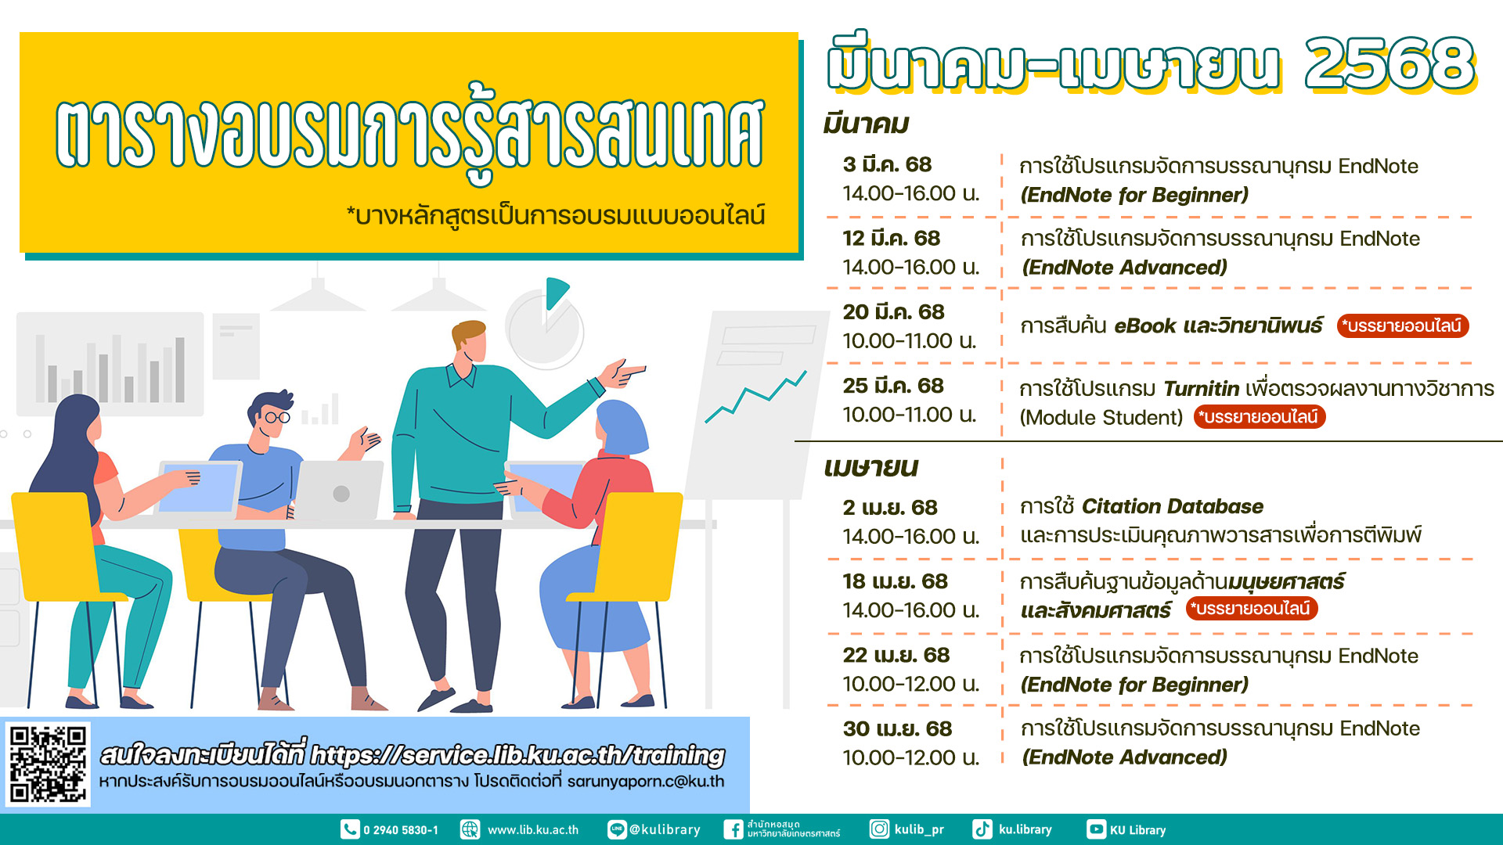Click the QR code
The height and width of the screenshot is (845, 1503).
point(48,764)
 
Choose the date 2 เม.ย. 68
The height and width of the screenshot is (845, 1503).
point(890,508)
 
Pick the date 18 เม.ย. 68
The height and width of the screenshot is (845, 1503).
point(895,581)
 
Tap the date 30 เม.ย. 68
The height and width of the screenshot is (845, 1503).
point(897,728)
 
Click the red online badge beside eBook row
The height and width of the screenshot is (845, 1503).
point(1402,326)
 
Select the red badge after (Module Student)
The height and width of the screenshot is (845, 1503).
point(1259,417)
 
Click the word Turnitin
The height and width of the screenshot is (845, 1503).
point(1201,389)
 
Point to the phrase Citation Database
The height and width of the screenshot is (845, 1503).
point(1173,506)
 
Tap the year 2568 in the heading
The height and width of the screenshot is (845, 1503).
point(1389,63)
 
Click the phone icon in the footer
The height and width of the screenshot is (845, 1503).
point(350,829)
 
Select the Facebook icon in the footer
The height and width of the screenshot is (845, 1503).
point(733,829)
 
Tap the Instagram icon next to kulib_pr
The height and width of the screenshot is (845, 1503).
point(880,829)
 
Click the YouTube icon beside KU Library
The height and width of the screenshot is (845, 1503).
point(1096,829)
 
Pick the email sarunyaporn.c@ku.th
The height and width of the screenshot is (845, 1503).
point(646,782)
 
